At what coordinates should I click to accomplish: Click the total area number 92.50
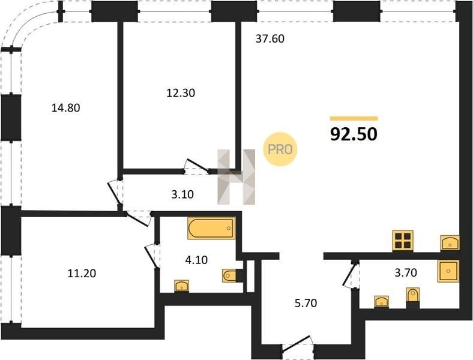pyautogui.click(x=354, y=134)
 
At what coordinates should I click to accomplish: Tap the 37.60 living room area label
pyautogui.click(x=270, y=38)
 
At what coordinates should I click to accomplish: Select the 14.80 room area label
pyautogui.click(x=66, y=107)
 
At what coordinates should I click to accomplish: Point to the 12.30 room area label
pyautogui.click(x=181, y=93)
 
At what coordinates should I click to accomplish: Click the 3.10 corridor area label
pyautogui.click(x=182, y=194)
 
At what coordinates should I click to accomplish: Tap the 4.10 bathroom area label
pyautogui.click(x=196, y=260)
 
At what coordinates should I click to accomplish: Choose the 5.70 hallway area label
pyautogui.click(x=306, y=303)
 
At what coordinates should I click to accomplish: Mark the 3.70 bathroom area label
pyautogui.click(x=406, y=272)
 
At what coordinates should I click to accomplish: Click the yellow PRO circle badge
pyautogui.click(x=280, y=149)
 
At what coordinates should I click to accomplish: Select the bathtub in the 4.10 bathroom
pyautogui.click(x=211, y=228)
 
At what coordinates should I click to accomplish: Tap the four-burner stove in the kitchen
pyautogui.click(x=403, y=241)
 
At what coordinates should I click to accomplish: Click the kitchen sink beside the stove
pyautogui.click(x=450, y=242)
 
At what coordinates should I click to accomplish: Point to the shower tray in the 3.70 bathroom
pyautogui.click(x=448, y=271)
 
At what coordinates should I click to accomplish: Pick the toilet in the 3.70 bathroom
pyautogui.click(x=412, y=298)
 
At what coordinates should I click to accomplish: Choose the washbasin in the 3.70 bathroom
pyautogui.click(x=382, y=302)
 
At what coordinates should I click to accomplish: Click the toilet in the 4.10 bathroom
pyautogui.click(x=232, y=275)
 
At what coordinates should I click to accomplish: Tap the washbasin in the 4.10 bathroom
pyautogui.click(x=182, y=286)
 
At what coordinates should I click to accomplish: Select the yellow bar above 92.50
pyautogui.click(x=354, y=118)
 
